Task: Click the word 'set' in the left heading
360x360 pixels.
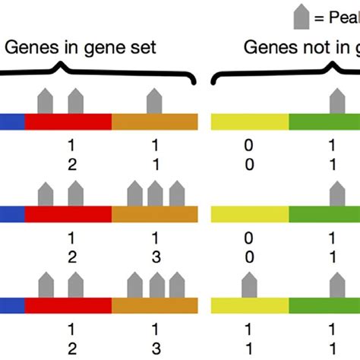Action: coord(143,49)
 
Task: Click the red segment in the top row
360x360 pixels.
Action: coord(68,122)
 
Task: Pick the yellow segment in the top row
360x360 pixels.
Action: coord(249,122)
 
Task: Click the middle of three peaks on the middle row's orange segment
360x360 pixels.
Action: coord(156,194)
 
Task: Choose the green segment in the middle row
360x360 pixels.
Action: coord(324,215)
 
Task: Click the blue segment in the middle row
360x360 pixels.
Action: coord(11,215)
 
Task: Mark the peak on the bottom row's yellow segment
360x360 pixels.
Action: coord(250,286)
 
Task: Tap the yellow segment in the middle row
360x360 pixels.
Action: coord(249,215)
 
